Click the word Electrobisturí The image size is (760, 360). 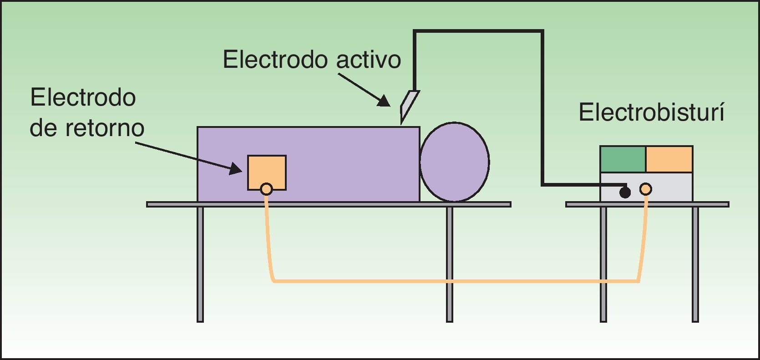(x=651, y=112)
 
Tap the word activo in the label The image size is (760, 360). (x=369, y=60)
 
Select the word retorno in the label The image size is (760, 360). (x=105, y=128)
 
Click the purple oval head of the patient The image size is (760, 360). (x=454, y=162)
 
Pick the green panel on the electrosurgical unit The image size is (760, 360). (x=623, y=159)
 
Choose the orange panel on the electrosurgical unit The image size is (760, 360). (x=669, y=159)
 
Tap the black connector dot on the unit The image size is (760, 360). (x=625, y=193)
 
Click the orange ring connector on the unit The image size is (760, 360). (x=646, y=189)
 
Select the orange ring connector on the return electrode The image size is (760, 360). (x=267, y=189)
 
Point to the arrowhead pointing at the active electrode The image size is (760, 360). (x=384, y=101)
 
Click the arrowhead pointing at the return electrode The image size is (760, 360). (x=236, y=168)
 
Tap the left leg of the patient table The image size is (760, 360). (x=200, y=264)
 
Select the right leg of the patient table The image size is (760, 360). (x=450, y=264)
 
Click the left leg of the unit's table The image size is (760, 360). (x=603, y=264)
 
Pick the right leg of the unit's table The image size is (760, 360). (x=695, y=264)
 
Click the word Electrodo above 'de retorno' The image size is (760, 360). (x=83, y=97)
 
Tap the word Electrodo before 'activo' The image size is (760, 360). (x=276, y=60)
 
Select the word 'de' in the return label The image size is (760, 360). (x=43, y=128)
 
